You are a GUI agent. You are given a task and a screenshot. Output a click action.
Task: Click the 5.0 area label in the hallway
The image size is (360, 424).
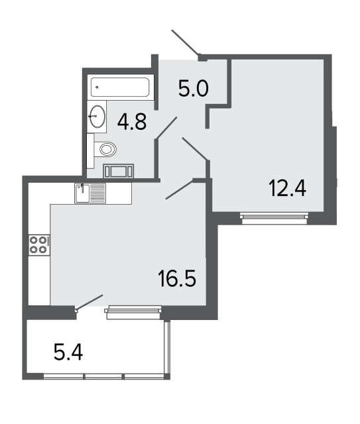(194, 89)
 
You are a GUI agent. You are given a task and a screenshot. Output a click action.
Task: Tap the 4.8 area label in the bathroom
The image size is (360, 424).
(132, 121)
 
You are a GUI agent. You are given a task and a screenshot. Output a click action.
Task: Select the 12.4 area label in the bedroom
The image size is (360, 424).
(288, 188)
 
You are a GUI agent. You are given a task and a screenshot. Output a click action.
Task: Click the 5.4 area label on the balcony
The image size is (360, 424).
(68, 352)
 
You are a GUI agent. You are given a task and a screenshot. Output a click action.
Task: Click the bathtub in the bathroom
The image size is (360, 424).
(120, 87)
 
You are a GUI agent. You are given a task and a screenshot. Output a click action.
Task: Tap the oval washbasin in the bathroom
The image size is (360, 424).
(97, 117)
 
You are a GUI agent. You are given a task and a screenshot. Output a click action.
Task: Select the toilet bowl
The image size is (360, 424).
(105, 149)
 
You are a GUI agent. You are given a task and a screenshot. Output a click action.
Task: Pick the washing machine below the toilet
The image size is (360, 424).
(119, 171)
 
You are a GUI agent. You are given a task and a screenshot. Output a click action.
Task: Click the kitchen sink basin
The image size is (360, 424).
(82, 193)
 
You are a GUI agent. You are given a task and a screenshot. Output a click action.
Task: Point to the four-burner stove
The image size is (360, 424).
(39, 245)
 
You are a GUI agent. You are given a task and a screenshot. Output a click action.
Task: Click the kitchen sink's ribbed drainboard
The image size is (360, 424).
(97, 193)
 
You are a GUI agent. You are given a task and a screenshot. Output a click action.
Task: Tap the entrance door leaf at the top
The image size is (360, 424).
(186, 42)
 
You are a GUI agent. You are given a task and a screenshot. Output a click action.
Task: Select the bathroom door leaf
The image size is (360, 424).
(166, 128)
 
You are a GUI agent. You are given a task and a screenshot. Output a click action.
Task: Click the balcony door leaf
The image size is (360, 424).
(90, 302)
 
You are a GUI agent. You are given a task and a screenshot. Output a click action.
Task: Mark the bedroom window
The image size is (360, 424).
(274, 219)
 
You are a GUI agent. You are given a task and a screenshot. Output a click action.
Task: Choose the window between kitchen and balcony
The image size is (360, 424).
(133, 312)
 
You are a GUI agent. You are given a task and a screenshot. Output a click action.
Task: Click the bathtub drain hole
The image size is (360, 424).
(97, 87)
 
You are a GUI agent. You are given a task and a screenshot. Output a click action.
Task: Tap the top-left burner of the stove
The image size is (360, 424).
(34, 240)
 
